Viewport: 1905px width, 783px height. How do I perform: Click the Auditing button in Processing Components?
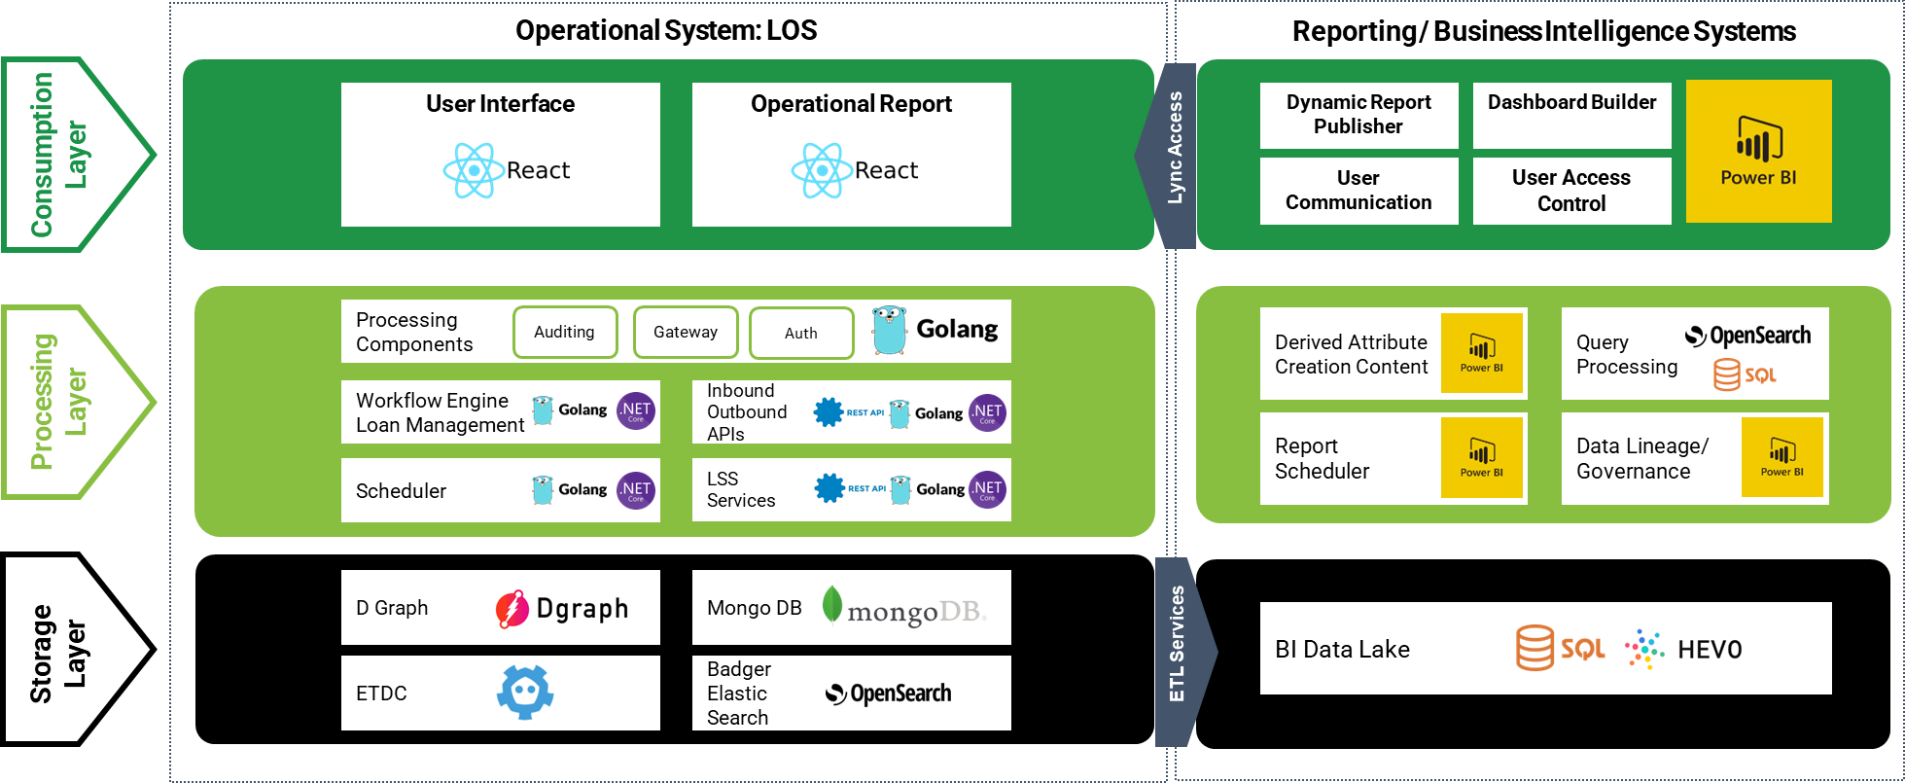pyautogui.click(x=565, y=332)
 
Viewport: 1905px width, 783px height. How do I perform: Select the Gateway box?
pyautogui.click(x=686, y=332)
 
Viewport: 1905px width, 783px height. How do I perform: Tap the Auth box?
pyautogui.click(x=801, y=333)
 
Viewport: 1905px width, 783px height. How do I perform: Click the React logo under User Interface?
pyautogui.click(x=473, y=170)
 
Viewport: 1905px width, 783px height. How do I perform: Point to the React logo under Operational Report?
pyautogui.click(x=822, y=170)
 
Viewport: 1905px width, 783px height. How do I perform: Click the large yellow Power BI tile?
pyautogui.click(x=1758, y=152)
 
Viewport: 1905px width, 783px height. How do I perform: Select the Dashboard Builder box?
pyautogui.click(x=1571, y=115)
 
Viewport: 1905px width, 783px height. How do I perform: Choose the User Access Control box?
pyautogui.click(x=1571, y=191)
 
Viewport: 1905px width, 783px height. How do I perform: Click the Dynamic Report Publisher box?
pyautogui.click(x=1358, y=115)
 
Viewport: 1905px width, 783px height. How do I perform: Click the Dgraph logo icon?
pyautogui.click(x=512, y=609)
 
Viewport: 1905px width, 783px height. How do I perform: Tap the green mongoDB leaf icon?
pyautogui.click(x=831, y=604)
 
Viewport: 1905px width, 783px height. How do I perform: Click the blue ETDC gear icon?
pyautogui.click(x=525, y=693)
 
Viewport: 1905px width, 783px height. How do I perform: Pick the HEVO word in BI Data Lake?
pyautogui.click(x=1710, y=650)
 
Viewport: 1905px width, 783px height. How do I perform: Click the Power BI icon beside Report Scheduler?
pyautogui.click(x=1481, y=457)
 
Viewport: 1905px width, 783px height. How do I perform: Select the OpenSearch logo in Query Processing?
pyautogui.click(x=1747, y=336)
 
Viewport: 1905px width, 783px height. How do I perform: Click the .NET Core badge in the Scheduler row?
pyautogui.click(x=636, y=489)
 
